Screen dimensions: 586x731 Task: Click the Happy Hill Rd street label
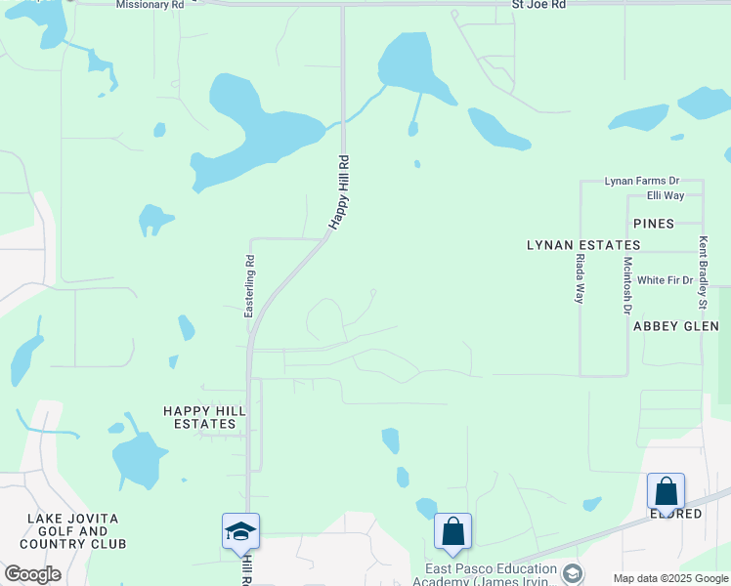(x=338, y=192)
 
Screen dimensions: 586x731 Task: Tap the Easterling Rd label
(x=249, y=285)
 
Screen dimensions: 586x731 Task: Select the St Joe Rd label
(x=539, y=5)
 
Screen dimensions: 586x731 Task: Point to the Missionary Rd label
(x=150, y=5)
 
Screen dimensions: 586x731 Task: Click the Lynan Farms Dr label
(x=641, y=181)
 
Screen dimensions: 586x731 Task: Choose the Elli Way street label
(x=666, y=195)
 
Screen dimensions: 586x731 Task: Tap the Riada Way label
(x=580, y=278)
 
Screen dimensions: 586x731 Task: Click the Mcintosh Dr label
(x=627, y=286)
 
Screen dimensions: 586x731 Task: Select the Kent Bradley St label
(x=702, y=266)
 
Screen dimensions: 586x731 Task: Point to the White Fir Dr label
(x=665, y=280)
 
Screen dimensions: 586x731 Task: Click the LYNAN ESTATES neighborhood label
(x=583, y=245)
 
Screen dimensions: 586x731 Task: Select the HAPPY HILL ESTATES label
(x=199, y=417)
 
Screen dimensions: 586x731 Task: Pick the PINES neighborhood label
(x=653, y=224)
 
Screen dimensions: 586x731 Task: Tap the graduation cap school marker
(x=241, y=531)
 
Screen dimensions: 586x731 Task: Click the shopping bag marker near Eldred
(x=666, y=491)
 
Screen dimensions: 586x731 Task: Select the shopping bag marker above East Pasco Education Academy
(x=453, y=532)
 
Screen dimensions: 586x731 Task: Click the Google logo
(x=32, y=574)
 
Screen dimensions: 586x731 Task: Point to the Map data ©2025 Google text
(x=670, y=578)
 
